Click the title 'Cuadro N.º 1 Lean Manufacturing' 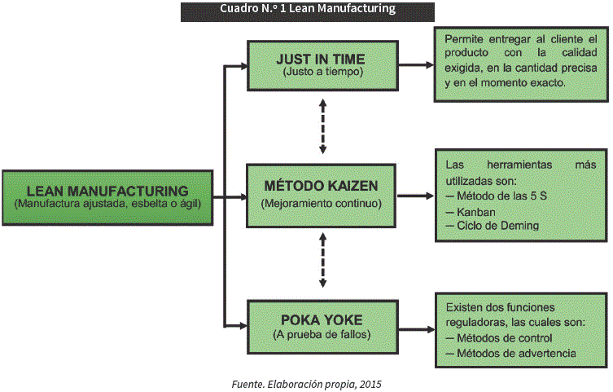coord(307,9)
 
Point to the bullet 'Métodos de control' coord(505,337)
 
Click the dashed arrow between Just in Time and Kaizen coord(323,127)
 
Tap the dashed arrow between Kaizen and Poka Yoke coord(323,260)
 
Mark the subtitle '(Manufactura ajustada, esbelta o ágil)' coord(107,203)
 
